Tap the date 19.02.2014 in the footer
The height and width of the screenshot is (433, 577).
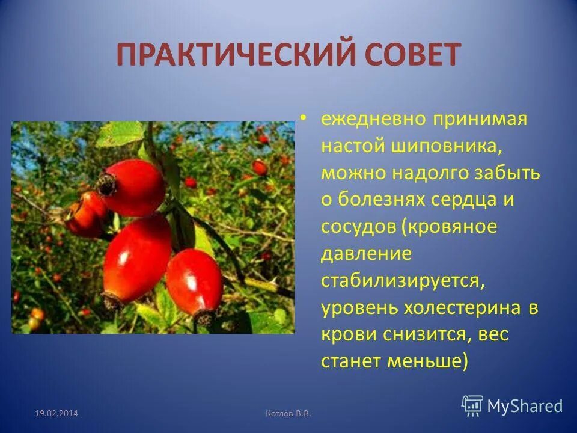coord(56,413)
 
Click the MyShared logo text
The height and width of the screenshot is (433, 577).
coord(525,406)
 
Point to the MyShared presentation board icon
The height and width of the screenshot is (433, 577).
coord(472,405)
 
